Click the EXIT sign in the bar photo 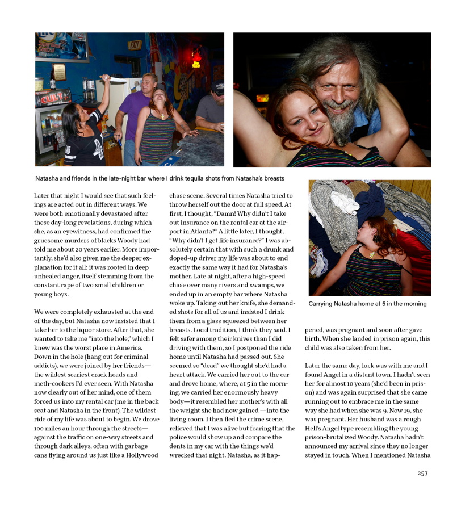(x=135, y=45)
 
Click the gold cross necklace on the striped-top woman (x=162, y=116)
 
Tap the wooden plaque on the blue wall (x=58, y=72)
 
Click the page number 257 (x=422, y=474)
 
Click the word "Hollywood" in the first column (x=139, y=455)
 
